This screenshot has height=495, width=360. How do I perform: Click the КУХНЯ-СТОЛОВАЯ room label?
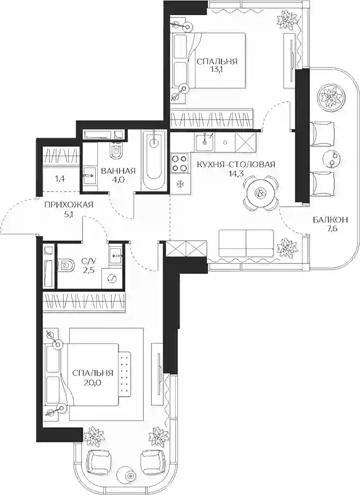click(236, 164)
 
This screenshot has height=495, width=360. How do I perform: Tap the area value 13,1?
click(217, 69)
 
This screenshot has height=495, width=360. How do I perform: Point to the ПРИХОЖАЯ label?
click(69, 205)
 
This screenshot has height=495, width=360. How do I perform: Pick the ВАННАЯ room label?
click(118, 171)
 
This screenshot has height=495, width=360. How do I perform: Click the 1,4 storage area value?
click(60, 179)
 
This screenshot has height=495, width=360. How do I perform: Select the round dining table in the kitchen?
click(261, 193)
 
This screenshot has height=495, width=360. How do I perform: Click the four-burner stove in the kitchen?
click(179, 163)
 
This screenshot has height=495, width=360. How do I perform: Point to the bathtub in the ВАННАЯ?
click(154, 161)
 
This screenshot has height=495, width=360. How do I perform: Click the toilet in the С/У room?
click(66, 265)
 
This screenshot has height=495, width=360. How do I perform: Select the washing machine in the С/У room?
click(112, 278)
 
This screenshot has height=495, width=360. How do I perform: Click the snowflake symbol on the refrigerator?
click(181, 184)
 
